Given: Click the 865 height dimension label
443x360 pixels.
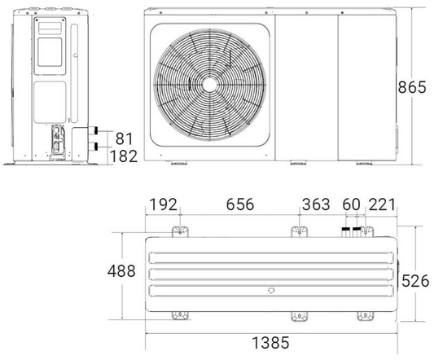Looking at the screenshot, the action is tap(411, 87).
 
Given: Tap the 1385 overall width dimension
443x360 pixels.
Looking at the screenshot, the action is tap(270, 343).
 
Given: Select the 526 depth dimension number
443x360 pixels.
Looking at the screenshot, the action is tap(415, 281).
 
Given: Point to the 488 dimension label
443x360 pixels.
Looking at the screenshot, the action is tap(121, 270).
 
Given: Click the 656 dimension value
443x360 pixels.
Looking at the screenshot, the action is tap(240, 204).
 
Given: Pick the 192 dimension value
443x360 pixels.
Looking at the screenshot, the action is tap(164, 204).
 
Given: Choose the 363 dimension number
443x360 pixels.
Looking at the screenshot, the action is tap(316, 204).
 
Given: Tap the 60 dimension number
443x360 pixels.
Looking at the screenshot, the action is tap(351, 204).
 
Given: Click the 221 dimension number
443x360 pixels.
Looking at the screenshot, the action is tap(381, 204).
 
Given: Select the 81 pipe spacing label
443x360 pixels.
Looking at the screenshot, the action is tap(124, 138).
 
